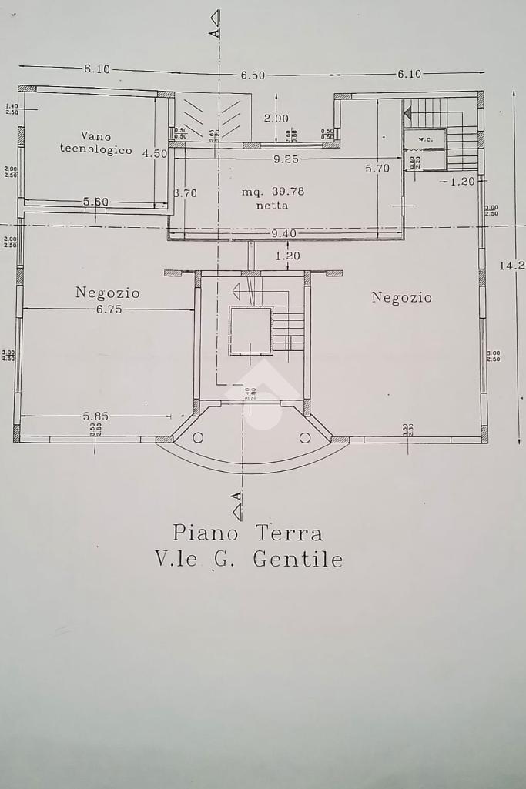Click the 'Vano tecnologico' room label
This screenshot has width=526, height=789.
tap(96, 143)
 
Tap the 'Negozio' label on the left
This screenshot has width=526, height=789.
tap(108, 293)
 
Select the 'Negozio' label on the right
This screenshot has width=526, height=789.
tap(402, 297)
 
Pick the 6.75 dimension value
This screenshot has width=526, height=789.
tap(109, 309)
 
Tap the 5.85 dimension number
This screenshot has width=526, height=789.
tap(96, 416)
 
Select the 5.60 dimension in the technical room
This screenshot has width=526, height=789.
tap(96, 202)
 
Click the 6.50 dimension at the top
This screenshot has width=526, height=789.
tap(253, 75)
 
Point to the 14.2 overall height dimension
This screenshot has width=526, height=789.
tap(512, 266)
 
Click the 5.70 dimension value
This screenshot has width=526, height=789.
tap(377, 168)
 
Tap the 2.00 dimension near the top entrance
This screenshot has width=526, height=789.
tap(276, 119)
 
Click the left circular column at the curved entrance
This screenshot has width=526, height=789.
tap(198, 437)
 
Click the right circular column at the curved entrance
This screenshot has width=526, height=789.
tap(305, 437)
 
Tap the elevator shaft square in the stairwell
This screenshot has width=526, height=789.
tap(250, 330)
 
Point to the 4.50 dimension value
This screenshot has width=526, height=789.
tap(155, 153)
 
